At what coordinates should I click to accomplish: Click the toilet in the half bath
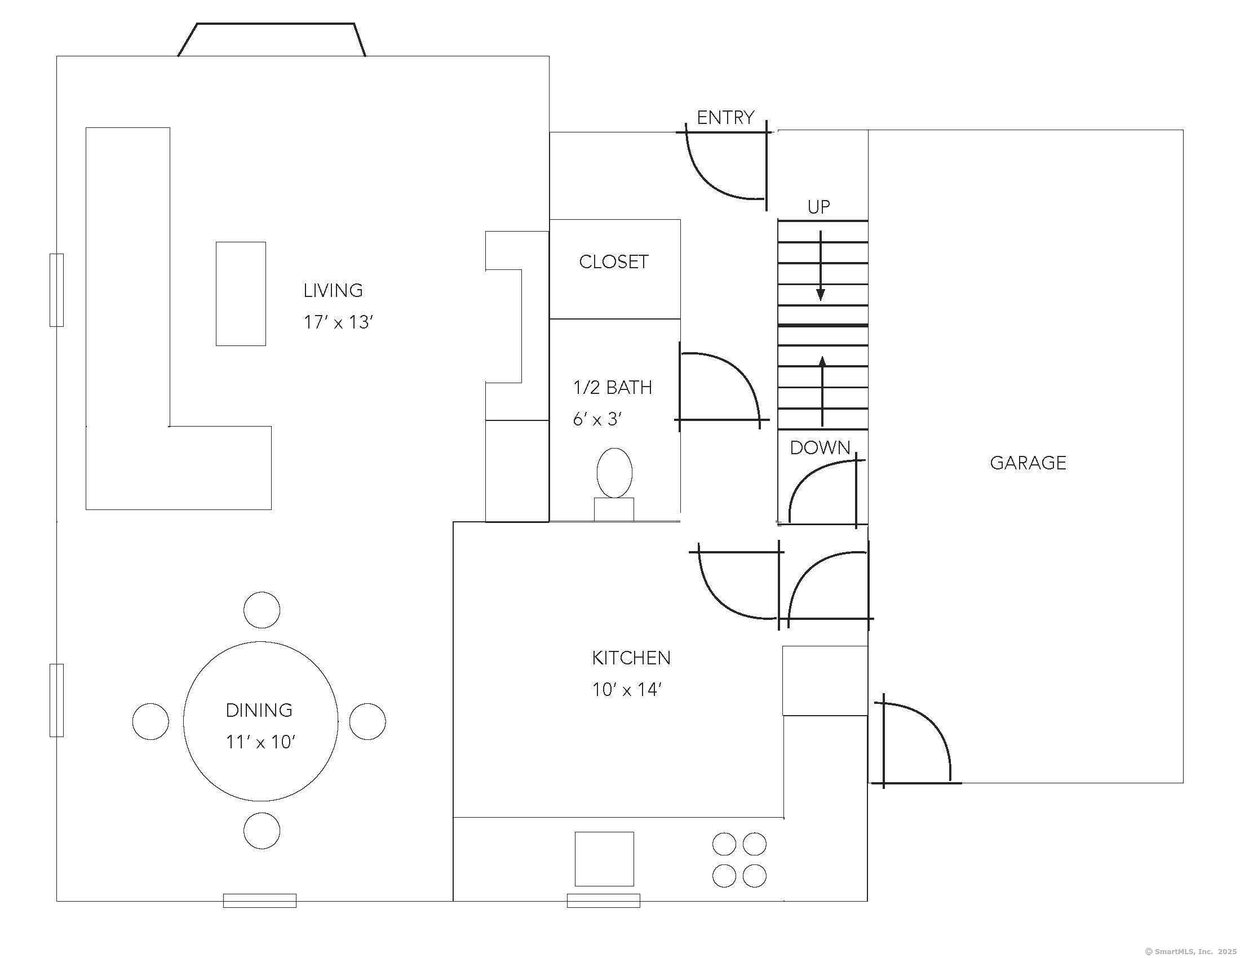point(614,484)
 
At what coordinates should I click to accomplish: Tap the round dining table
point(260,721)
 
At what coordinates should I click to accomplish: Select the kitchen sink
point(604,859)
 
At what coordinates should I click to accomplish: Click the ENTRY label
point(725,117)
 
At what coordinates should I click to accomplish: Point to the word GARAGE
point(1028,463)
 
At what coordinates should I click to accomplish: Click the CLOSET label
point(614,261)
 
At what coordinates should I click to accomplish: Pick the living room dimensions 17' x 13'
point(338,322)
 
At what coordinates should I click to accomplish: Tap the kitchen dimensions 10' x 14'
point(627,690)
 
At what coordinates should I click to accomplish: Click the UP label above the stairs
point(819,207)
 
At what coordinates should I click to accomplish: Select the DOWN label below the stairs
point(820,448)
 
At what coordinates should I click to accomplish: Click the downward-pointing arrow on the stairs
point(821,265)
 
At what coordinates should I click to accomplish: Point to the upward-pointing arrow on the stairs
point(822,391)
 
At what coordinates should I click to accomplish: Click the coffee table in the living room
point(241,294)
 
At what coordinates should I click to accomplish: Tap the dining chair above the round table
point(262,610)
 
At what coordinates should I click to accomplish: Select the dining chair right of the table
point(367,721)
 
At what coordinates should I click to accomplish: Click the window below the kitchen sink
point(604,901)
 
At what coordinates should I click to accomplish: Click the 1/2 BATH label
point(613,387)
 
